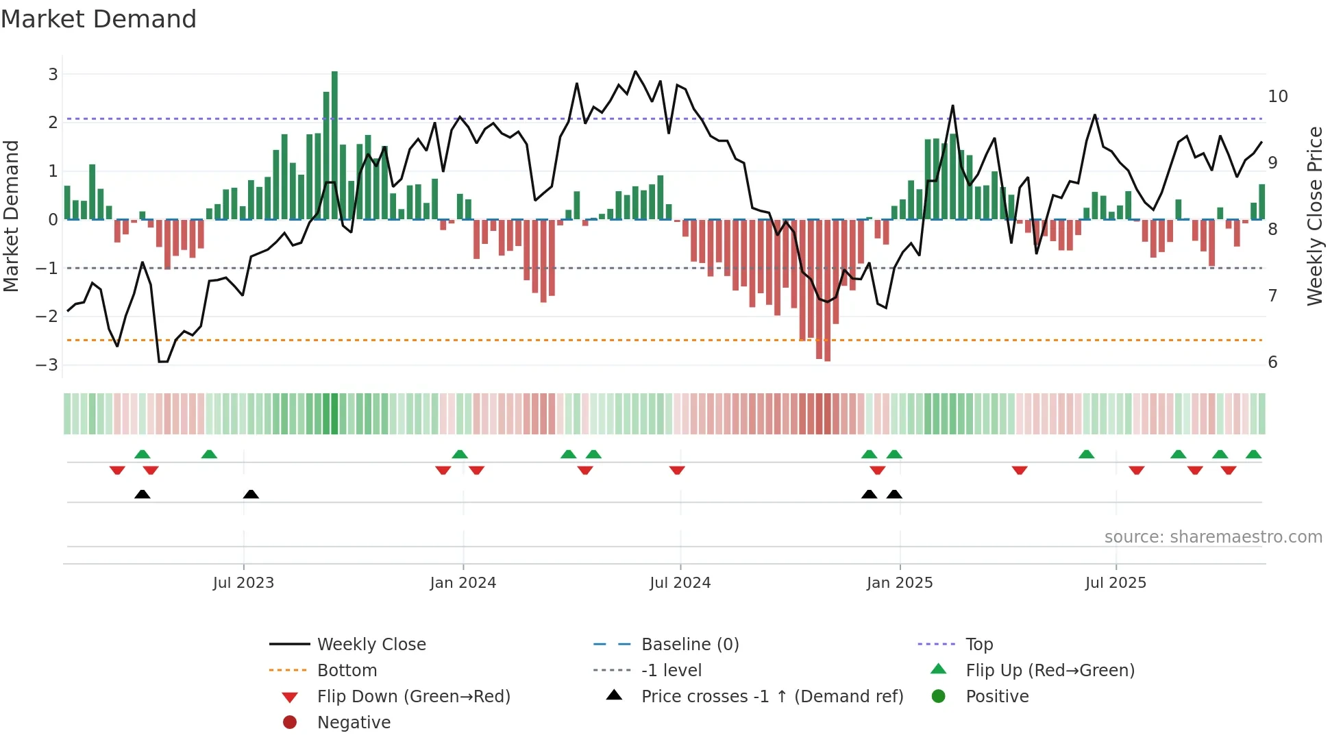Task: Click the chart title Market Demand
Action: click(x=99, y=19)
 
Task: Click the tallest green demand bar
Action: click(x=334, y=144)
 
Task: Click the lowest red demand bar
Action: click(x=827, y=290)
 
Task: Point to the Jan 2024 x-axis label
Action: click(x=463, y=583)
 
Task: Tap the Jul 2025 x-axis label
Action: click(x=1116, y=583)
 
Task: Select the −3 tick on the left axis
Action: click(x=47, y=364)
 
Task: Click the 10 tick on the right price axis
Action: click(x=1277, y=97)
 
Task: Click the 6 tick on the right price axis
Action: click(x=1272, y=362)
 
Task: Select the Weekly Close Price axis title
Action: click(x=1314, y=216)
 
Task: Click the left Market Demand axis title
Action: click(x=11, y=216)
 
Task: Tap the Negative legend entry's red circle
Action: click(x=290, y=723)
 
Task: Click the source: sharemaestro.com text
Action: click(x=1213, y=537)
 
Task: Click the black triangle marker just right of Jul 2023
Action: click(x=251, y=495)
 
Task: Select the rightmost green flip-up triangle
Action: click(x=1253, y=454)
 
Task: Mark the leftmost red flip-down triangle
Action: click(x=117, y=471)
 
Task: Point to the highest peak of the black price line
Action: click(x=635, y=72)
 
